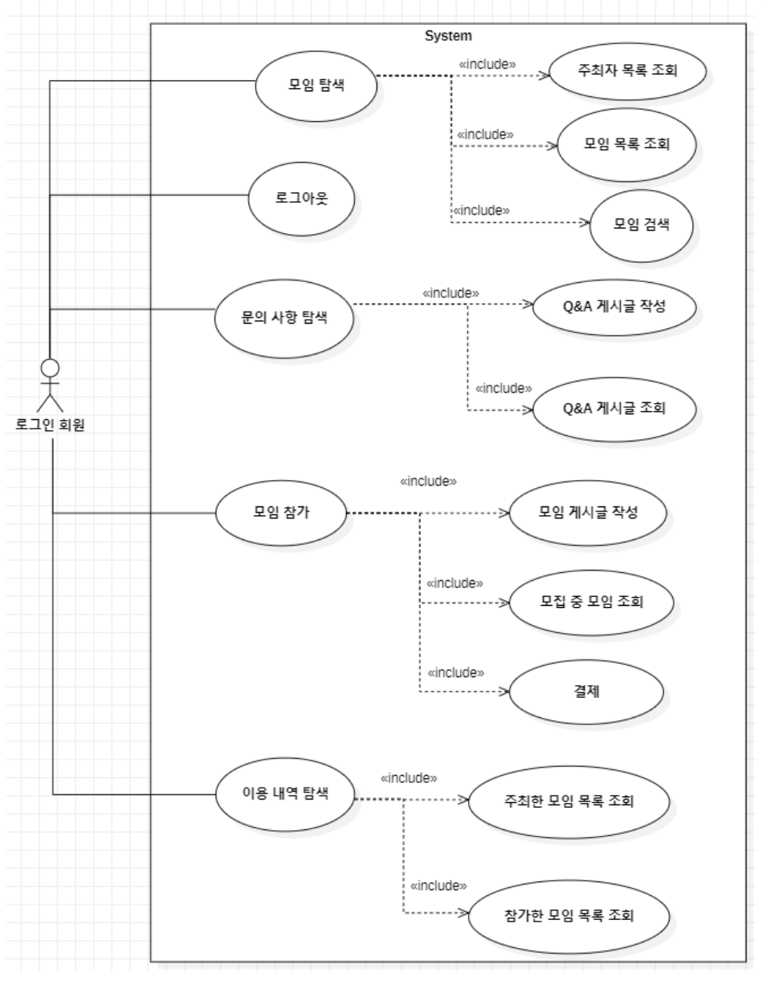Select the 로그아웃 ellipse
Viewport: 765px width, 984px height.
click(302, 199)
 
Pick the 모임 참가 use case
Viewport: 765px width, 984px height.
click(281, 513)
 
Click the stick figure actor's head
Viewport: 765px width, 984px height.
click(50, 369)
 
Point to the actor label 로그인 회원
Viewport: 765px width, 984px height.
click(50, 424)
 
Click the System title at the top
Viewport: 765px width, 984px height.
click(449, 35)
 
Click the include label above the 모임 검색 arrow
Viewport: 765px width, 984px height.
click(482, 210)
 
